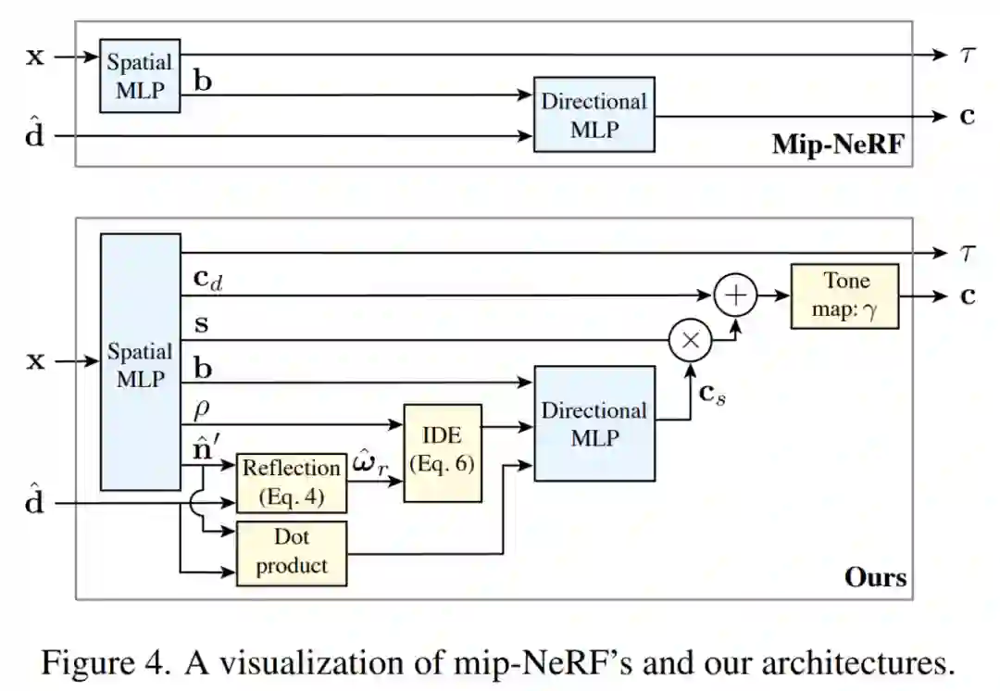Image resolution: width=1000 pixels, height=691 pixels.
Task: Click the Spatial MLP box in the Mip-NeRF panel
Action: point(140,76)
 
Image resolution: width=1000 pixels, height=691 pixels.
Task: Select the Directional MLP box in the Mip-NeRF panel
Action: point(594,115)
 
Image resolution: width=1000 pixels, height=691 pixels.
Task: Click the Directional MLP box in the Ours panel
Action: point(594,423)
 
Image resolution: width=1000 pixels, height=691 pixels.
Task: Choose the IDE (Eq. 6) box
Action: point(443,453)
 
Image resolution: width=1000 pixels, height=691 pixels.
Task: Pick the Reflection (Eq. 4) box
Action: point(292,483)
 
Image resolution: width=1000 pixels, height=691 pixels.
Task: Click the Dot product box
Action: point(292,553)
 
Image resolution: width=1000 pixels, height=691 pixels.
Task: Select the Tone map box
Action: point(844,295)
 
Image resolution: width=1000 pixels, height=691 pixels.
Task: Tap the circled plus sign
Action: point(735,295)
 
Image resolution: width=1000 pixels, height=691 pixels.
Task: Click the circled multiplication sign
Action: point(690,341)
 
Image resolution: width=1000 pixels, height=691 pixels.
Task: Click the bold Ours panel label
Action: point(875,577)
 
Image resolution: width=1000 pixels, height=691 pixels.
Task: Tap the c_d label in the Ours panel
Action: point(208,279)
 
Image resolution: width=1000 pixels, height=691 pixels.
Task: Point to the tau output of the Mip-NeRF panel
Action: point(966,55)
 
